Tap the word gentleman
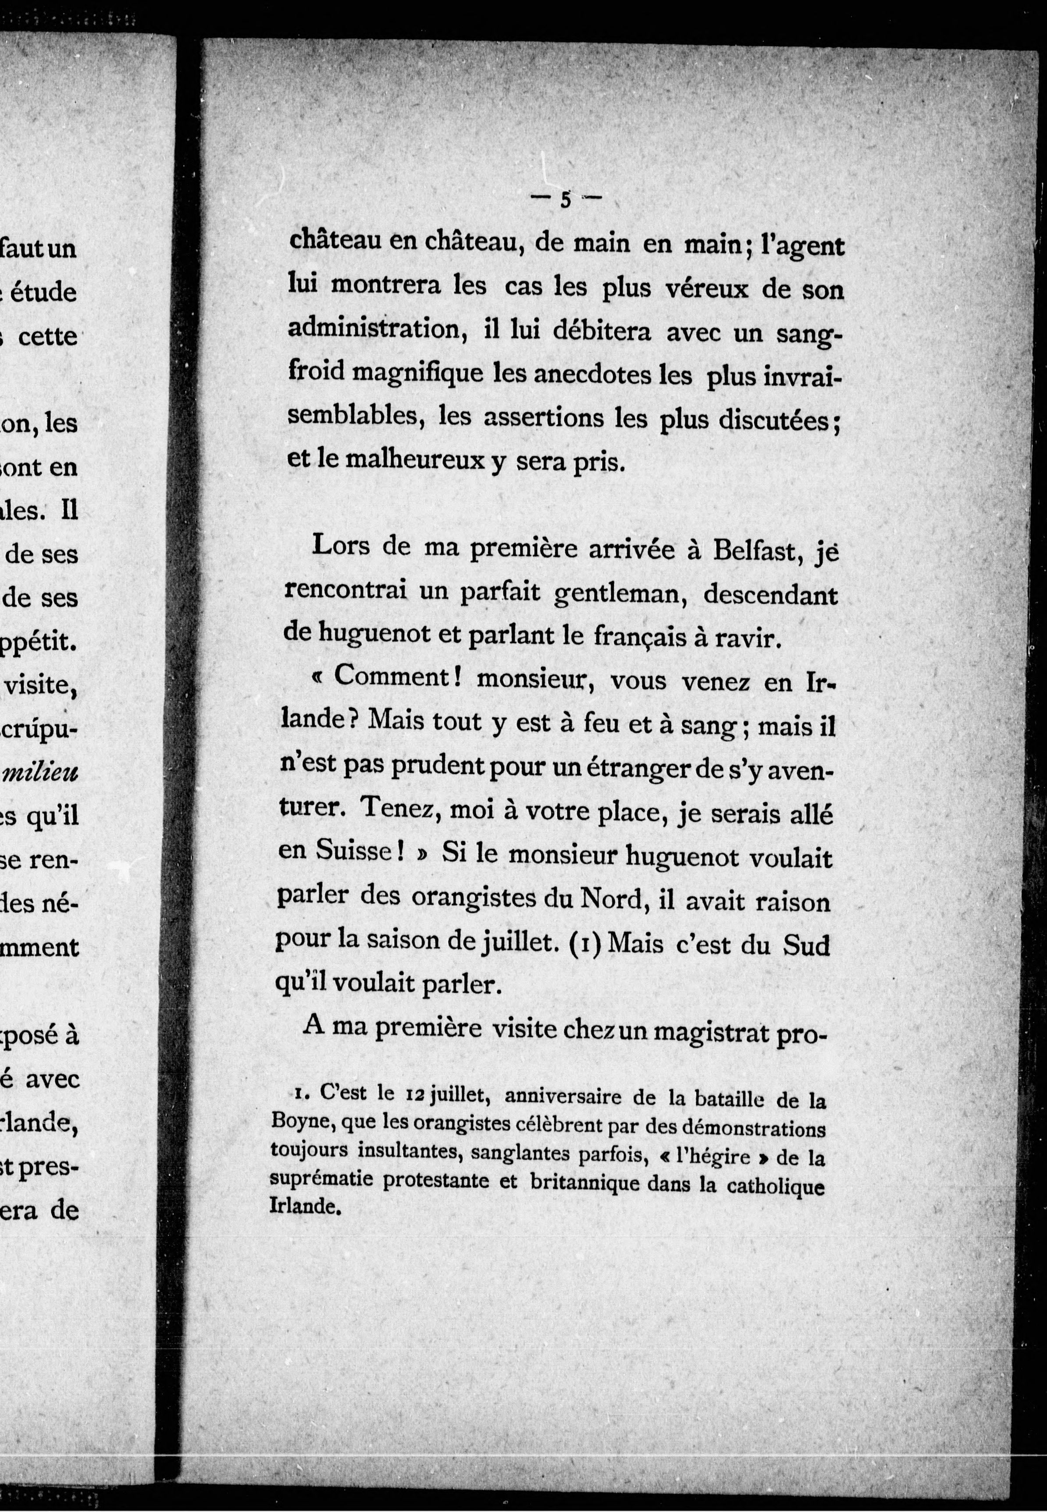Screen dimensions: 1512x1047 tap(620, 594)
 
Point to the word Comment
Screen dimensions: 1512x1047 tap(390, 677)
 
